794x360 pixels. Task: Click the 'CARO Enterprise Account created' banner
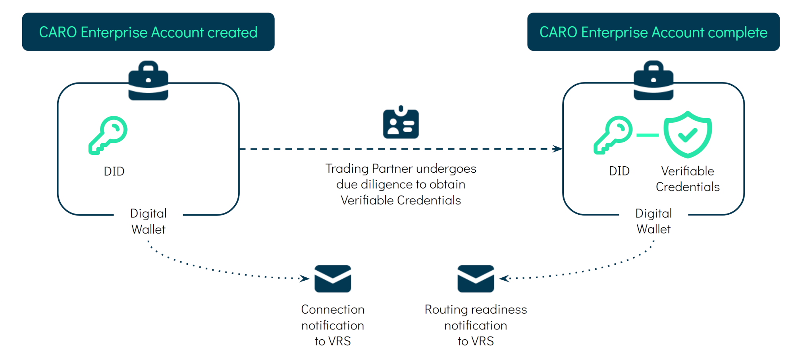[x=148, y=32]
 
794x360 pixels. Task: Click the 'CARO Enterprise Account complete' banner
[x=653, y=32]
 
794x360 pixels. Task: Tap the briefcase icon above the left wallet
[x=148, y=81]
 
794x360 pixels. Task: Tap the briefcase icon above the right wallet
[x=653, y=81]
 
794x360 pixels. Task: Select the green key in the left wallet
[x=108, y=135]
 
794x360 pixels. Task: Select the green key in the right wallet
[x=613, y=135]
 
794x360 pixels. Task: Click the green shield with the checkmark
[x=688, y=134]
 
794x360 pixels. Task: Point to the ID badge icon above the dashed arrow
[x=401, y=123]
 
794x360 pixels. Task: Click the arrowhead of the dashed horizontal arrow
[x=558, y=149]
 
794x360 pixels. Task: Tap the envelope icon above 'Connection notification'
[x=333, y=279]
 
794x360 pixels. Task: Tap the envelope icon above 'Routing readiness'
[x=476, y=279]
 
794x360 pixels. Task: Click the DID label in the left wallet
[x=114, y=171]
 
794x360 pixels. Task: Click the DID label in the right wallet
[x=619, y=171]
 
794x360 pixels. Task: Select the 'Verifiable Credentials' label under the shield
[x=688, y=179]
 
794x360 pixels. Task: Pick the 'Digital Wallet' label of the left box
[x=148, y=221]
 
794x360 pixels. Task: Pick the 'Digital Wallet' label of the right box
[x=653, y=221]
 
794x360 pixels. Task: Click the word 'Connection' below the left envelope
[x=333, y=310]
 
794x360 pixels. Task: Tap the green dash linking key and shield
[x=647, y=135]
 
